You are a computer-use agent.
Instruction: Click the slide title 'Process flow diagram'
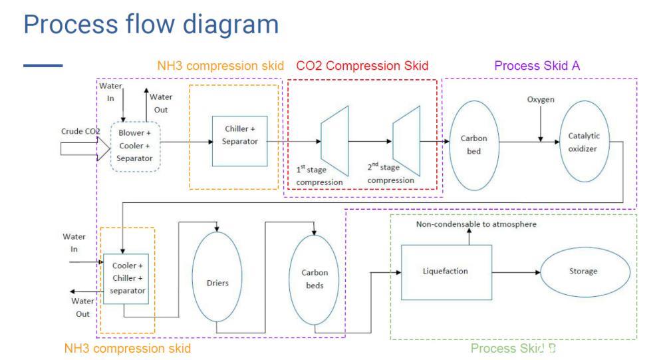(x=150, y=25)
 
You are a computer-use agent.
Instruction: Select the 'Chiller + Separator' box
(x=239, y=141)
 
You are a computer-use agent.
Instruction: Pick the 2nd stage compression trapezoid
(x=405, y=140)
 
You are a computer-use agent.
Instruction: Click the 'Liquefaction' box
(x=445, y=271)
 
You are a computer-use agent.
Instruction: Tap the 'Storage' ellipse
(x=583, y=271)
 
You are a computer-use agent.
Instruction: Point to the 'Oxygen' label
(x=540, y=99)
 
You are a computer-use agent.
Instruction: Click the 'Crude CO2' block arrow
(x=80, y=146)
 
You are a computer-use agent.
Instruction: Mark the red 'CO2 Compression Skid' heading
(x=362, y=65)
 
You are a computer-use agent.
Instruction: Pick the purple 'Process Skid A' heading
(x=537, y=65)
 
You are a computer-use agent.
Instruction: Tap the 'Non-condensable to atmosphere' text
(x=476, y=225)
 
